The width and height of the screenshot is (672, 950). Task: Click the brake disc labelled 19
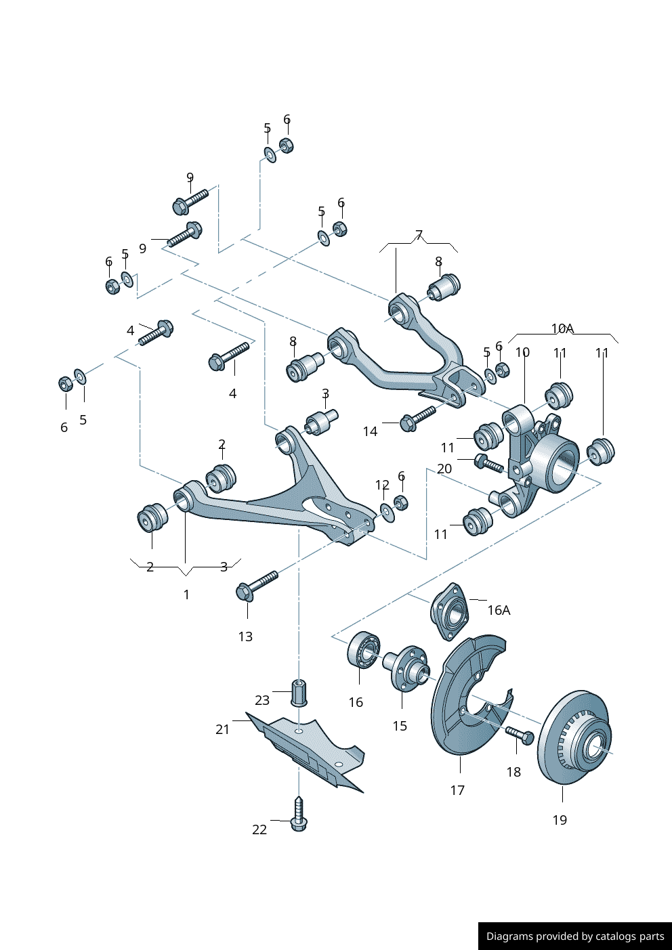pos(574,738)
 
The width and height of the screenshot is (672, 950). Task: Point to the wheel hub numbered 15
pos(408,667)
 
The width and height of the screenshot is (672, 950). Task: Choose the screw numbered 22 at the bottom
pos(299,815)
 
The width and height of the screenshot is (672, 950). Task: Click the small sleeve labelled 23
pos(299,692)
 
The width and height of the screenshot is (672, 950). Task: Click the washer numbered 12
pos(387,512)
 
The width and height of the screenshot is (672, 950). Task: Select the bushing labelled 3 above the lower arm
pos(321,422)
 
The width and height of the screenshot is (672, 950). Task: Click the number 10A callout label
pos(562,329)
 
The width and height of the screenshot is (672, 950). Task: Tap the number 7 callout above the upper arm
pos(419,236)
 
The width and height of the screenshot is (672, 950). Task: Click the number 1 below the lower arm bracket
pos(186,595)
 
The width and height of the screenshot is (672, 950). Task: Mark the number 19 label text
pos(560,820)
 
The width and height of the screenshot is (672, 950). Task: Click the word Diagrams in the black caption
pos(509,936)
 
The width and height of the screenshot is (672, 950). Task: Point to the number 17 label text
pos(457,790)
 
